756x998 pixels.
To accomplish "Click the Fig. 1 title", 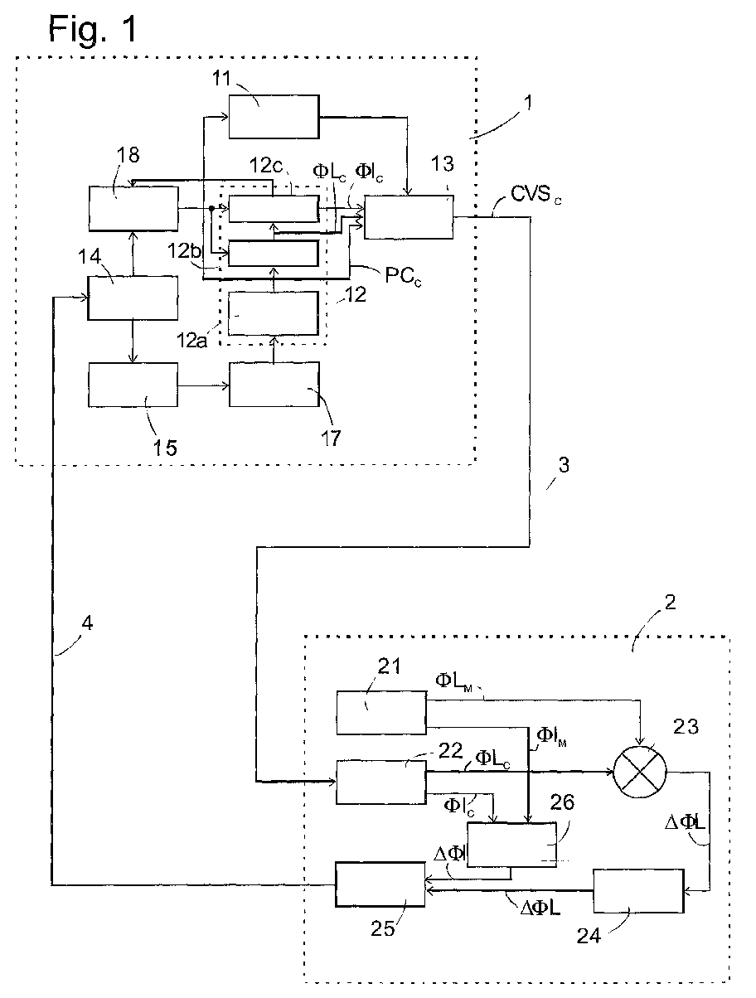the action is [x=92, y=29].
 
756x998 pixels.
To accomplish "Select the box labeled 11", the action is [x=274, y=116].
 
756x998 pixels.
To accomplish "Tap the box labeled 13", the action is [x=409, y=217].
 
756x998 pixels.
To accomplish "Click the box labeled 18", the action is [x=133, y=209].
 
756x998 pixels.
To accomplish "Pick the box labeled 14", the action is [x=133, y=298].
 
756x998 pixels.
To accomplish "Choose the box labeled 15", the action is [x=133, y=385].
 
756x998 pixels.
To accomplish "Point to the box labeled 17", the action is [x=274, y=384].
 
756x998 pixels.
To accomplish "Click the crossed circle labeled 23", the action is [x=640, y=772].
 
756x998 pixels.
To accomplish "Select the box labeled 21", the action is [x=381, y=713].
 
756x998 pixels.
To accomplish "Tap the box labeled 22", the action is [x=381, y=782].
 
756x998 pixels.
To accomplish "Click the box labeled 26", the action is [x=511, y=845].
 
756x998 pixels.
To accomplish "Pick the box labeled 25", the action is [x=380, y=884].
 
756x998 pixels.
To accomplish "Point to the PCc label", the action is [x=403, y=276].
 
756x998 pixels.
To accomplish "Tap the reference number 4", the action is [x=87, y=623].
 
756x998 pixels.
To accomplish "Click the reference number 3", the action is [x=563, y=465].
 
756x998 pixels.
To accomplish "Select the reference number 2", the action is [x=670, y=603].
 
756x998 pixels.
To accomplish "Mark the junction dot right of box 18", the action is [x=211, y=209].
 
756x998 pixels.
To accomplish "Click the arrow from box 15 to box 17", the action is [x=203, y=386].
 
